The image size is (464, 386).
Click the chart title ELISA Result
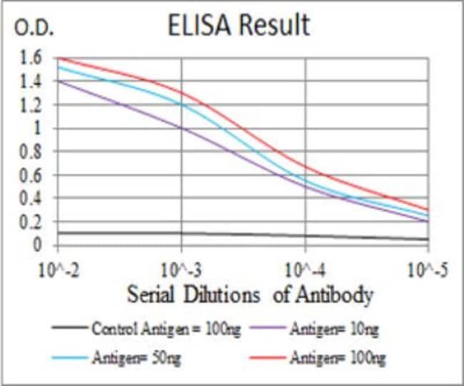[x=239, y=26]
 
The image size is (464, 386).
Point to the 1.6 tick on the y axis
[x=31, y=57]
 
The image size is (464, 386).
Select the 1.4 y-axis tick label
[x=31, y=81]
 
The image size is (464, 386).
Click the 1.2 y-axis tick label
[x=31, y=105]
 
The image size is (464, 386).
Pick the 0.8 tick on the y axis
[x=31, y=151]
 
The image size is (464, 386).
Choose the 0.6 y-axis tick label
[x=31, y=175]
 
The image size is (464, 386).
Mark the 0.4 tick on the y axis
[x=31, y=198]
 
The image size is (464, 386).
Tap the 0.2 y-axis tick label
[x=31, y=222]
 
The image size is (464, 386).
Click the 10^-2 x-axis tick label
[x=58, y=270]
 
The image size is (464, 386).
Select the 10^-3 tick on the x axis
[x=181, y=270]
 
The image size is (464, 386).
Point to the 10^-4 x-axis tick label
[x=306, y=270]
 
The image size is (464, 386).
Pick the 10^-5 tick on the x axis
[x=428, y=270]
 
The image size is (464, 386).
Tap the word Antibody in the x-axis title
[x=336, y=295]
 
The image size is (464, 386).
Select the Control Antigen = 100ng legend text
[x=168, y=329]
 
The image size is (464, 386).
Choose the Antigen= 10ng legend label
[x=335, y=329]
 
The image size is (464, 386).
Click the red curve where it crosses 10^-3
[x=181, y=92]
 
